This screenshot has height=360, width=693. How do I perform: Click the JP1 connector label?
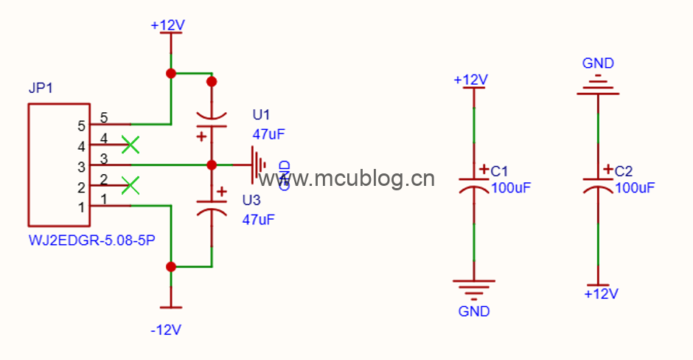pos(41,89)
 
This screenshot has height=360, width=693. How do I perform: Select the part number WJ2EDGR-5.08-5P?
pos(91,240)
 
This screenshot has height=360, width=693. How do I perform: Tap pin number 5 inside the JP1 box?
pos(81,125)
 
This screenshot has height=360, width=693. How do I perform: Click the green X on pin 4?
pos(130,145)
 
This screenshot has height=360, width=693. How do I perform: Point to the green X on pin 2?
pos(130,184)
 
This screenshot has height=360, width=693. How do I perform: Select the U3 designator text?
pos(251,201)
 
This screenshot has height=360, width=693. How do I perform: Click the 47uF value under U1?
pos(268,134)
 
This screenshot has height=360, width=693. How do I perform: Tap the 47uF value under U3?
pos(259,219)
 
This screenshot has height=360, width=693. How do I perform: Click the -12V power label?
pos(166,330)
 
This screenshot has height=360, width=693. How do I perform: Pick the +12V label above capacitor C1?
pos(470,79)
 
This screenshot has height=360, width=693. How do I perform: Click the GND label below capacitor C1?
pos(474,311)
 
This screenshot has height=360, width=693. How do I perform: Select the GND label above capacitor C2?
pos(598,63)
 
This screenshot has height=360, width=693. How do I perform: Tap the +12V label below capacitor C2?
pos(600,293)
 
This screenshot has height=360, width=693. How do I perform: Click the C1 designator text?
pos(501,170)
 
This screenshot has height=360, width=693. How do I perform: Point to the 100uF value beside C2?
pos(635,188)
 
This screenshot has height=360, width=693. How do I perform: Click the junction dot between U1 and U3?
pos(212,165)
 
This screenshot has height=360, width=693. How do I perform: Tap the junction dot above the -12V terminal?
pos(171,266)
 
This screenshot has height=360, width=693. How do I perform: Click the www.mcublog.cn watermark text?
pos(346,179)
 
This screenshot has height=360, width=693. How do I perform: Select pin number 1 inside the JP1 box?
pos(81,207)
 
